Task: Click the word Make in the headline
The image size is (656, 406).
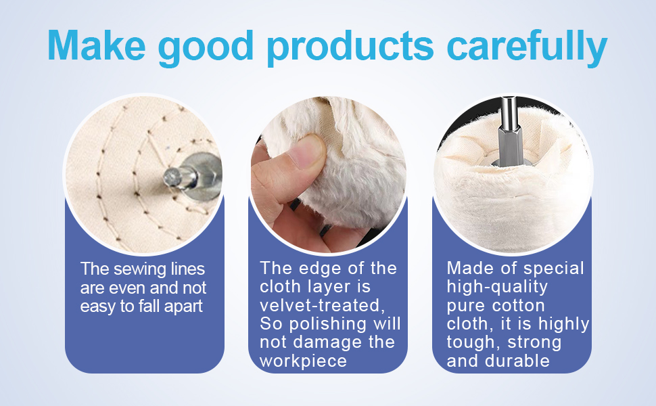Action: [97, 45]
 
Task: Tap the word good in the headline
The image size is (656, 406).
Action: [206, 48]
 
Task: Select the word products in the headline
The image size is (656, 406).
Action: [350, 48]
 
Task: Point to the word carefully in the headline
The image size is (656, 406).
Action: [527, 48]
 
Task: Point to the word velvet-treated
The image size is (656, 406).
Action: [322, 305]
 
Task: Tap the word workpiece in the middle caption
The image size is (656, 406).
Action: [304, 361]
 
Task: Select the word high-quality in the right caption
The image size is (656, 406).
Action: [497, 287]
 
